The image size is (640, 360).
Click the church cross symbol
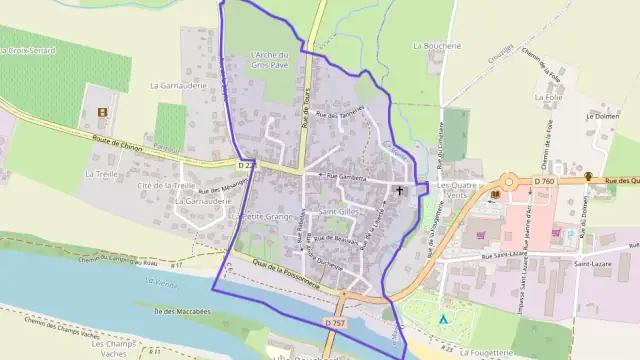(x=401, y=189)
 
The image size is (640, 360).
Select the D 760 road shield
(x=544, y=181)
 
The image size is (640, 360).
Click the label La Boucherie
(x=436, y=46)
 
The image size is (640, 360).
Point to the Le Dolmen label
(x=603, y=117)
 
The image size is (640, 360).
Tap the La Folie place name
(x=548, y=98)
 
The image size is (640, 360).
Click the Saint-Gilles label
(x=339, y=212)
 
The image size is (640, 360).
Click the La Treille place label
(x=102, y=173)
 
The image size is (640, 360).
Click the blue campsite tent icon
(x=442, y=319)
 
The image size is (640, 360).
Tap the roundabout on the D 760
(x=509, y=183)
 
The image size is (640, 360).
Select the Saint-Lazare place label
(x=593, y=264)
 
